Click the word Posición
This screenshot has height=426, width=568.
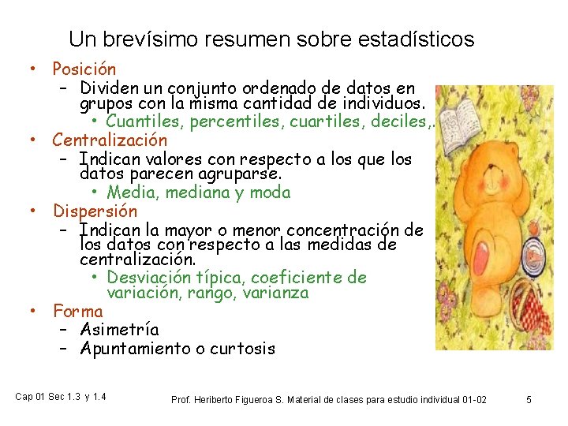84,70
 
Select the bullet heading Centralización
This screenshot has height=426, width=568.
110,140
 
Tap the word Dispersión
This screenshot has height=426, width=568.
95,211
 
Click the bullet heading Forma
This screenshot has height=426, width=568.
77,311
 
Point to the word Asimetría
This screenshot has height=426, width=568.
119,330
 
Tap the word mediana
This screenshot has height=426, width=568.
193,192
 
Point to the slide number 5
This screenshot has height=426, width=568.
529,400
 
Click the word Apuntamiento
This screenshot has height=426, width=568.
133,349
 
